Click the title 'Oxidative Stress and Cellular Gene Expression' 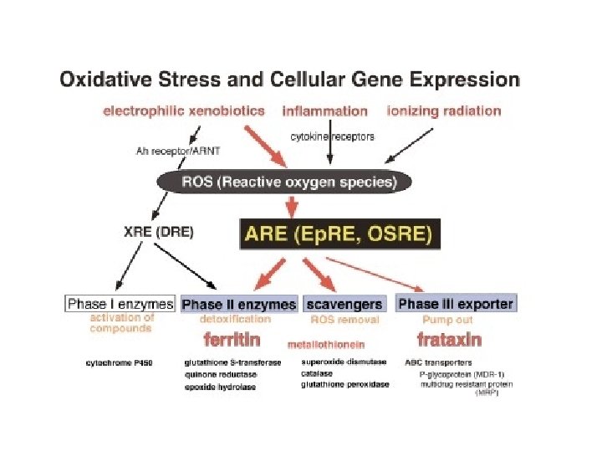(288, 81)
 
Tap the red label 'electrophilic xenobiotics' (183, 110)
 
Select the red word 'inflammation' (324, 110)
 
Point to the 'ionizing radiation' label (444, 110)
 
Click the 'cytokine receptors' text (332, 136)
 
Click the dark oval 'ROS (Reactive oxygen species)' (284, 182)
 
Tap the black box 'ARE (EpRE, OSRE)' (339, 235)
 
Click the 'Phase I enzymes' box (120, 304)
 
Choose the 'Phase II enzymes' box (239, 304)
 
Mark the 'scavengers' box (344, 304)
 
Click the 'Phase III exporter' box (456, 303)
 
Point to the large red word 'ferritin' (232, 340)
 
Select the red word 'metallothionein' (326, 344)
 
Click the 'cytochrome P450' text (118, 363)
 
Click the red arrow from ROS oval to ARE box (292, 205)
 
